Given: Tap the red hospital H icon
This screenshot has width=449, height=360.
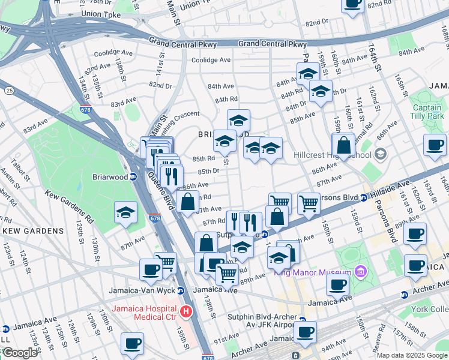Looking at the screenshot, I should tap(186, 311).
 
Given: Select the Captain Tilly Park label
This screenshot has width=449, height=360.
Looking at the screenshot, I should tap(427, 112).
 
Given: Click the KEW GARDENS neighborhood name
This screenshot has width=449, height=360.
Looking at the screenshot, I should tap(33, 230).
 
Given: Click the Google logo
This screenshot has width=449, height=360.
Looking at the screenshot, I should tap(20, 353).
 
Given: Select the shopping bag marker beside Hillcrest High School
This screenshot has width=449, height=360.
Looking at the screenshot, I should tap(343, 145).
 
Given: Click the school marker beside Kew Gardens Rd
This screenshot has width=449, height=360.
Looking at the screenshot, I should tap(126, 213).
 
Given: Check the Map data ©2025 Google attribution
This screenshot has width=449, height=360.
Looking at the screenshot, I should tap(412, 355).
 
